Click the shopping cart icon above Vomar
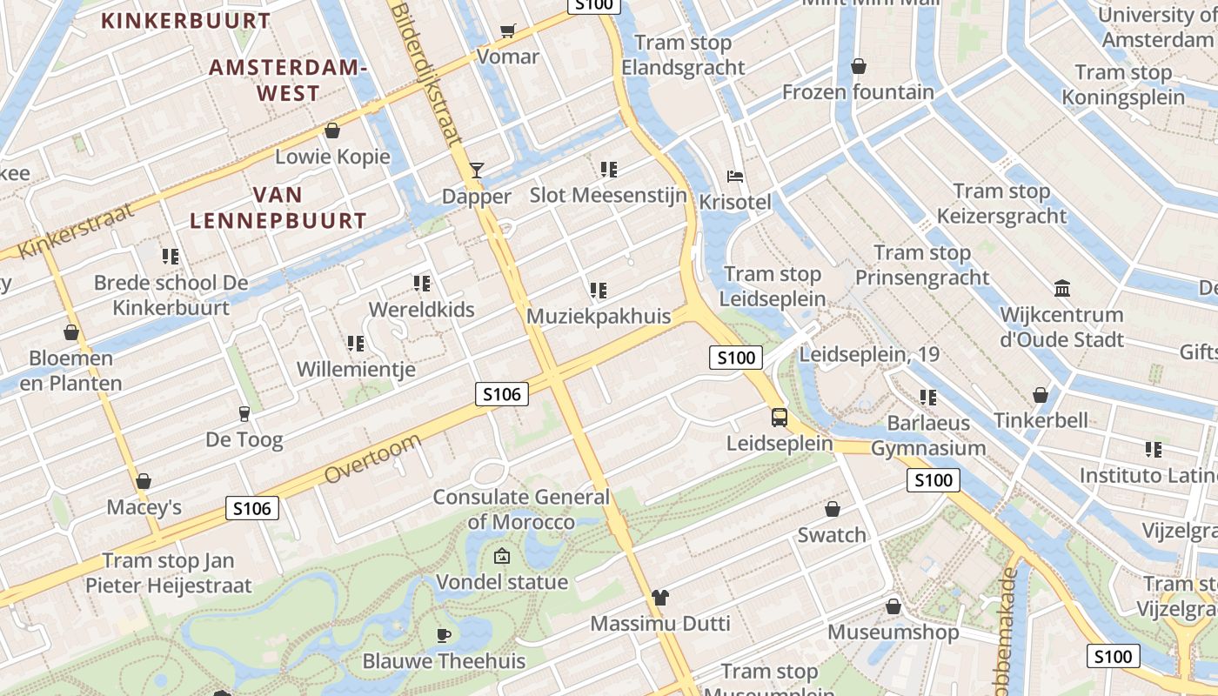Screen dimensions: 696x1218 [507, 31]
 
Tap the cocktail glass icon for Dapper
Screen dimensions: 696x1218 [476, 171]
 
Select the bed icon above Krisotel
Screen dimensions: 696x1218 [735, 177]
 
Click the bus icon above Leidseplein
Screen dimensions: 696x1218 [780, 418]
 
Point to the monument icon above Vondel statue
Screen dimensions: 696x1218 [501, 557]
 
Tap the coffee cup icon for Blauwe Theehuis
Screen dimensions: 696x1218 [443, 635]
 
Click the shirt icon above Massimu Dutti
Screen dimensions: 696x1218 [660, 598]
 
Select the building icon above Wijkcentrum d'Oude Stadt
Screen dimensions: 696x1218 [1061, 289]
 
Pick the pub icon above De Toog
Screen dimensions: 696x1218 [244, 414]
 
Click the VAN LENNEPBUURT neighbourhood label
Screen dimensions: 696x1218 [278, 208]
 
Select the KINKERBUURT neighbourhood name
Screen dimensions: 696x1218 [186, 20]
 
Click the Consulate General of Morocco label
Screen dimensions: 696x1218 [521, 509]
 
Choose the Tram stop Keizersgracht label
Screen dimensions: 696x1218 [1001, 204]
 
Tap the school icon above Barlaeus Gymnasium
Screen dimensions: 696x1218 [928, 398]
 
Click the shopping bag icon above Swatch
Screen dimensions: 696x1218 [832, 509]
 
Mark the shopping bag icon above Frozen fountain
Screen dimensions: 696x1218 [858, 66]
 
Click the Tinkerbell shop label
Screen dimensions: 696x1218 [1041, 420]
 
